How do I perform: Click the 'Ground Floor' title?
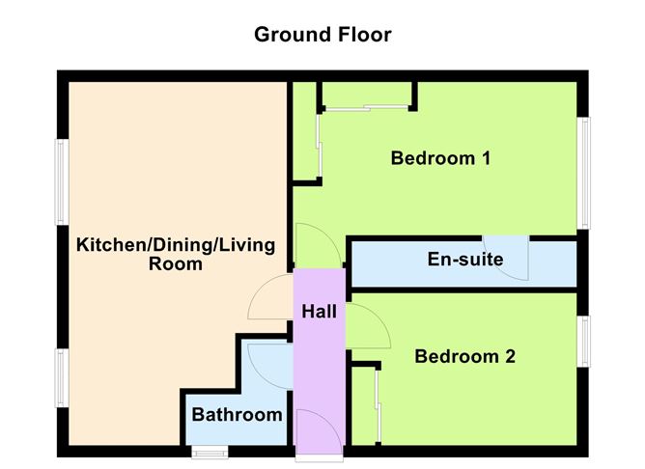322,35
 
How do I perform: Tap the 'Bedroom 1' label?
440,158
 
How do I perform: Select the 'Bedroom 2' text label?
464,357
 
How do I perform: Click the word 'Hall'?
320,312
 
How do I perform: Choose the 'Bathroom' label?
237,415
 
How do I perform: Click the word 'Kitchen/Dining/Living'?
176,244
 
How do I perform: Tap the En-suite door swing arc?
509,258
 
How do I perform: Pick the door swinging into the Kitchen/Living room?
271,299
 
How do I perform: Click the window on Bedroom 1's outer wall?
583,173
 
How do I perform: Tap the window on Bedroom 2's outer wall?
583,342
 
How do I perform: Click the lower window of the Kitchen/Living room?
61,377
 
